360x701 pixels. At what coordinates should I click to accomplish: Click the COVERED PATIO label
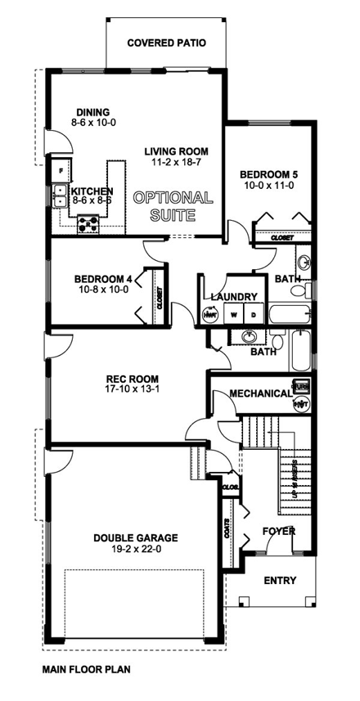(x=166, y=43)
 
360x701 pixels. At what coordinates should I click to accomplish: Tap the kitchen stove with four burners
(x=88, y=222)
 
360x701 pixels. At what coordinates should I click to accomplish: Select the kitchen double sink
(x=60, y=194)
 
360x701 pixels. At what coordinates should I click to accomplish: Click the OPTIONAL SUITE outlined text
(x=173, y=207)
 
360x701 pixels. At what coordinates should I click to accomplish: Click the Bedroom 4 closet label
(x=159, y=299)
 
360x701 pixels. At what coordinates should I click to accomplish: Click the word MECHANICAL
(x=260, y=393)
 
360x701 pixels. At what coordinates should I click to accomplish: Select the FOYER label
(x=278, y=531)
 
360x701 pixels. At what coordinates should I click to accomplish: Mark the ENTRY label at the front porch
(x=280, y=581)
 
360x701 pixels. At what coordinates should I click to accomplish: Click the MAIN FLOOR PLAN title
(x=85, y=669)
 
